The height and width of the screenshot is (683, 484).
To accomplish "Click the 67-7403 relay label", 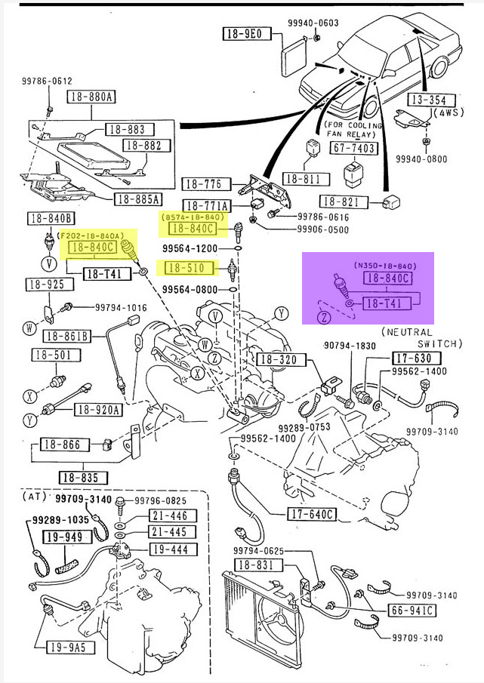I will [x=354, y=148].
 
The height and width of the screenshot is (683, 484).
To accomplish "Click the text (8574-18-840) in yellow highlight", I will [x=190, y=217].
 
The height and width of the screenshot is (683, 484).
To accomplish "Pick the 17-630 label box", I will [x=412, y=358].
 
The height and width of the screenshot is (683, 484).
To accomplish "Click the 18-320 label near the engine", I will [x=276, y=359].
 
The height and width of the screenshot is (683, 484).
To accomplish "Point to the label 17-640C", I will [x=311, y=515].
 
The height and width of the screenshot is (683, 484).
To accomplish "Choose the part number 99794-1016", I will [x=121, y=307].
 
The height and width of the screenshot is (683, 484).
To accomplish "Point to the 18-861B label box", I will [x=67, y=336].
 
